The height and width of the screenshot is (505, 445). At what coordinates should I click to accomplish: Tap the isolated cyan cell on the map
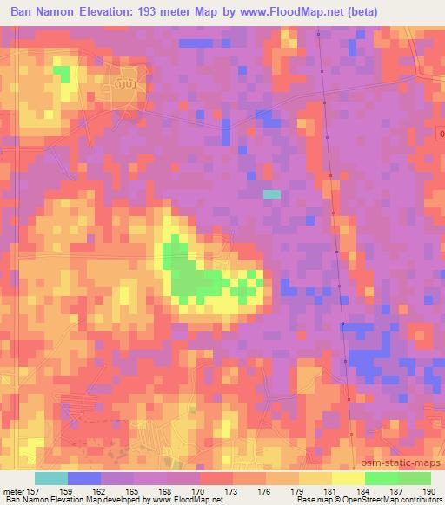tap(272, 194)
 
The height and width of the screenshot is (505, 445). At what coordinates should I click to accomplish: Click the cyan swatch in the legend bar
tap(51, 478)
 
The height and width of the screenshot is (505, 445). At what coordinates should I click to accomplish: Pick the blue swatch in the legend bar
tap(84, 478)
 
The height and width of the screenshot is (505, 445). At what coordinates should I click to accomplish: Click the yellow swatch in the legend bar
tap(315, 478)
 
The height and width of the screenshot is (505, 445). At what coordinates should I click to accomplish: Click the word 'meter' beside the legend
tap(13, 490)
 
